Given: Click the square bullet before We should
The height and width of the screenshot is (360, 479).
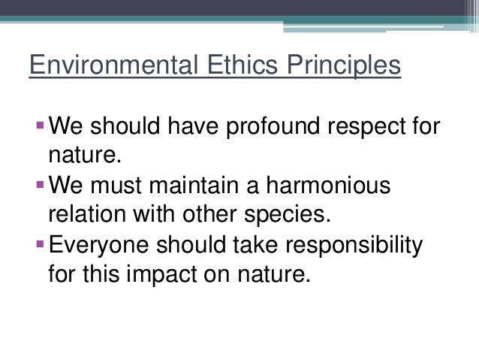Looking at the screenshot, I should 39,123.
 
